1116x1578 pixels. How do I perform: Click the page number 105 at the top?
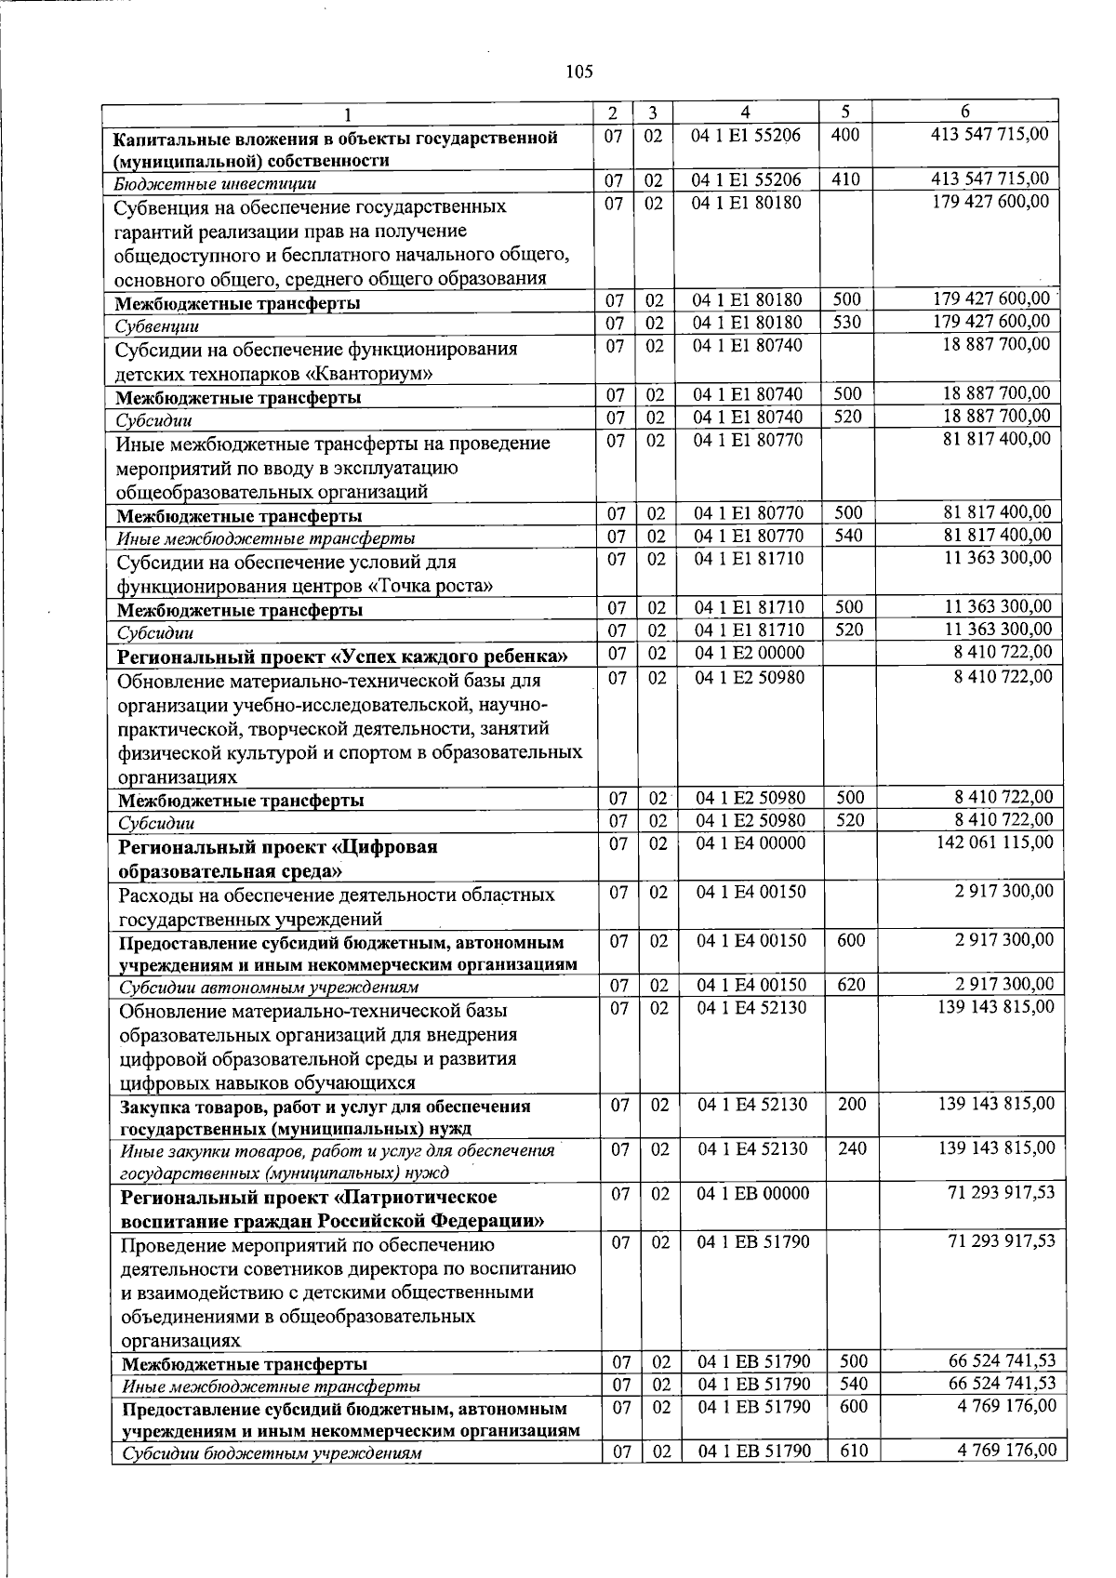pyautogui.click(x=578, y=72)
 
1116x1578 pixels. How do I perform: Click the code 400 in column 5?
pyautogui.click(x=844, y=135)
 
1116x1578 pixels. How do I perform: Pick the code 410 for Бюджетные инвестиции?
pyautogui.click(x=845, y=179)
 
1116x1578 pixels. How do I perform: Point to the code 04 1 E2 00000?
pyautogui.click(x=749, y=653)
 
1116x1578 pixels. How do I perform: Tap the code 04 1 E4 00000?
pyautogui.click(x=751, y=843)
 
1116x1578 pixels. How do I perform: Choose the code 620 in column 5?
pyautogui.click(x=851, y=985)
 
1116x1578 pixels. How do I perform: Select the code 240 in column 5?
pyautogui.click(x=851, y=1148)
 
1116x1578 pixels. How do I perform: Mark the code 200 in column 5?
pyautogui.click(x=851, y=1104)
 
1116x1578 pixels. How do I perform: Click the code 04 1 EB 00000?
pyautogui.click(x=753, y=1193)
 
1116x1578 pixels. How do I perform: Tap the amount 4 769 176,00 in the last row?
pyautogui.click(x=1006, y=1451)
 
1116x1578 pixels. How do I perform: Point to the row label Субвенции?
pyautogui.click(x=157, y=326)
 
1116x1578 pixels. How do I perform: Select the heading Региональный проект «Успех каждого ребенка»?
pyautogui.click(x=342, y=656)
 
